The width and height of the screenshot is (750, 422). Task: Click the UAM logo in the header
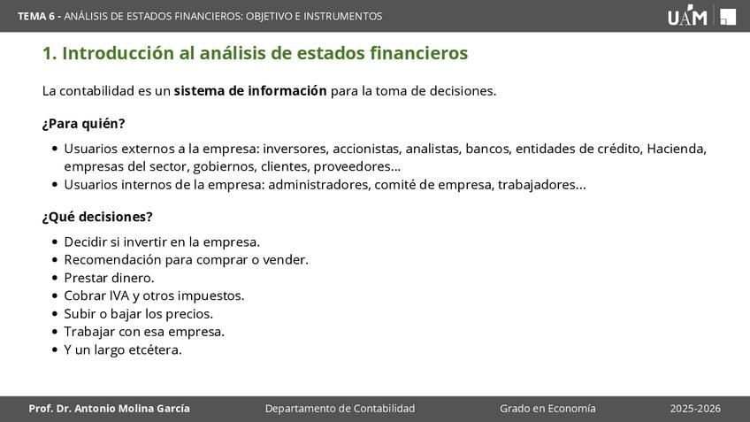pos(687,15)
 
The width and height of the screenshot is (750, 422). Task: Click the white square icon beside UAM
pos(728,17)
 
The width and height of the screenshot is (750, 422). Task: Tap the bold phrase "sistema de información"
pos(250,91)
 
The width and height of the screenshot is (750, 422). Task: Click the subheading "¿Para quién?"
pos(84,124)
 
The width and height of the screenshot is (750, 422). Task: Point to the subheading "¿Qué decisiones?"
pos(97,217)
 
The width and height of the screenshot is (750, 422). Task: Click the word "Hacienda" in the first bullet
pos(677,149)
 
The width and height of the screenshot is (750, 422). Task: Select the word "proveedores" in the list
pos(356,167)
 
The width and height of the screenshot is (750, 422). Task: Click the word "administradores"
pos(319,185)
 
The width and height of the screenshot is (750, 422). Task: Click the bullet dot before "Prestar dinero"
pos(55,278)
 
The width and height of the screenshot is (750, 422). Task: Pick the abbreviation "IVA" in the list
pos(119,295)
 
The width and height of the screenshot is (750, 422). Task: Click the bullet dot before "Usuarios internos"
pos(55,185)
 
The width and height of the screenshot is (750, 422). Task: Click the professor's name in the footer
pos(109,409)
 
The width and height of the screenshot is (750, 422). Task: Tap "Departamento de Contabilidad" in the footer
pos(341,409)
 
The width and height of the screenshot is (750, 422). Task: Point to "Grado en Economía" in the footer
pos(547,409)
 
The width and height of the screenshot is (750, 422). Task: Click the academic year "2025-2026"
pos(695,409)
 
